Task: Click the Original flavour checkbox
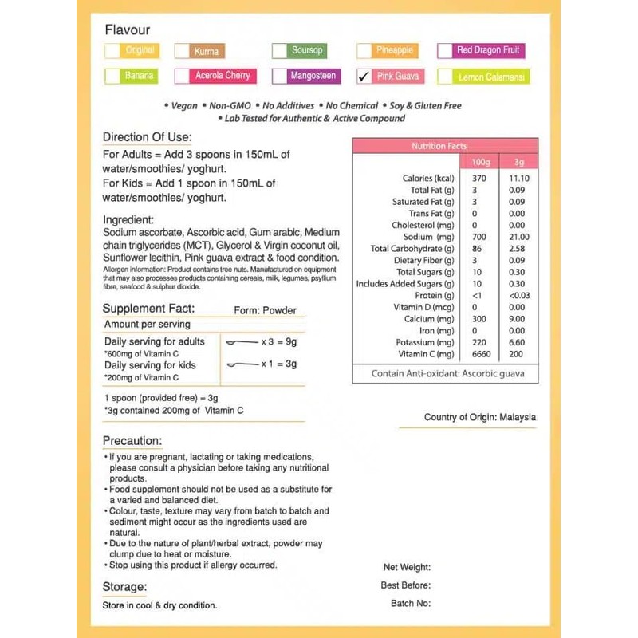112,51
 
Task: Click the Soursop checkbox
279,51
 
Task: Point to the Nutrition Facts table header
445,146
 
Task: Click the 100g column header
481,162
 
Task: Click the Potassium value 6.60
517,342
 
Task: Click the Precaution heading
132,441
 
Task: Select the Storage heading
124,587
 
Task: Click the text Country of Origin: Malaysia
480,417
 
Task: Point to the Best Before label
406,585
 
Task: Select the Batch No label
411,603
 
